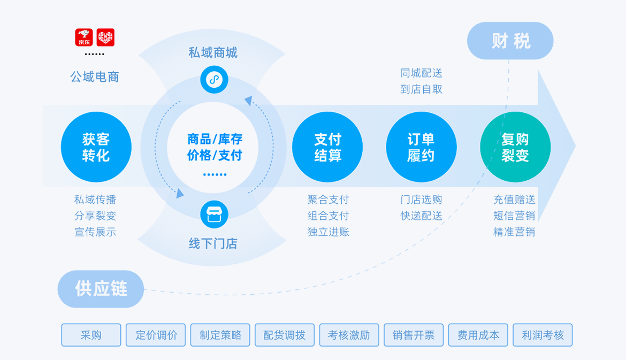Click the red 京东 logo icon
pos(84,37)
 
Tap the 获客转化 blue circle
pos(96,147)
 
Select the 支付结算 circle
pos(327,147)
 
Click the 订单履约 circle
pos(421,147)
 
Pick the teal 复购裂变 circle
pos(515,147)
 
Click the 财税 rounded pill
pos(510,41)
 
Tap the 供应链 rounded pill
pos(101,289)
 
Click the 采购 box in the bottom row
pos(91,335)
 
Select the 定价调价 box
pos(156,335)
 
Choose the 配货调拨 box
pos(285,335)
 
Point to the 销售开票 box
pos(414,335)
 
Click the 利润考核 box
pos(543,335)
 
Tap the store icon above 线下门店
pos(214,215)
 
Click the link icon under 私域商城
pos(214,80)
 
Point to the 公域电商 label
pos(95,77)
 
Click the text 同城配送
pos(422,73)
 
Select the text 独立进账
pos(328,232)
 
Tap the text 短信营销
pos(514,216)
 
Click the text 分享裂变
pos(95,216)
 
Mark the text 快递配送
pos(422,216)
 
